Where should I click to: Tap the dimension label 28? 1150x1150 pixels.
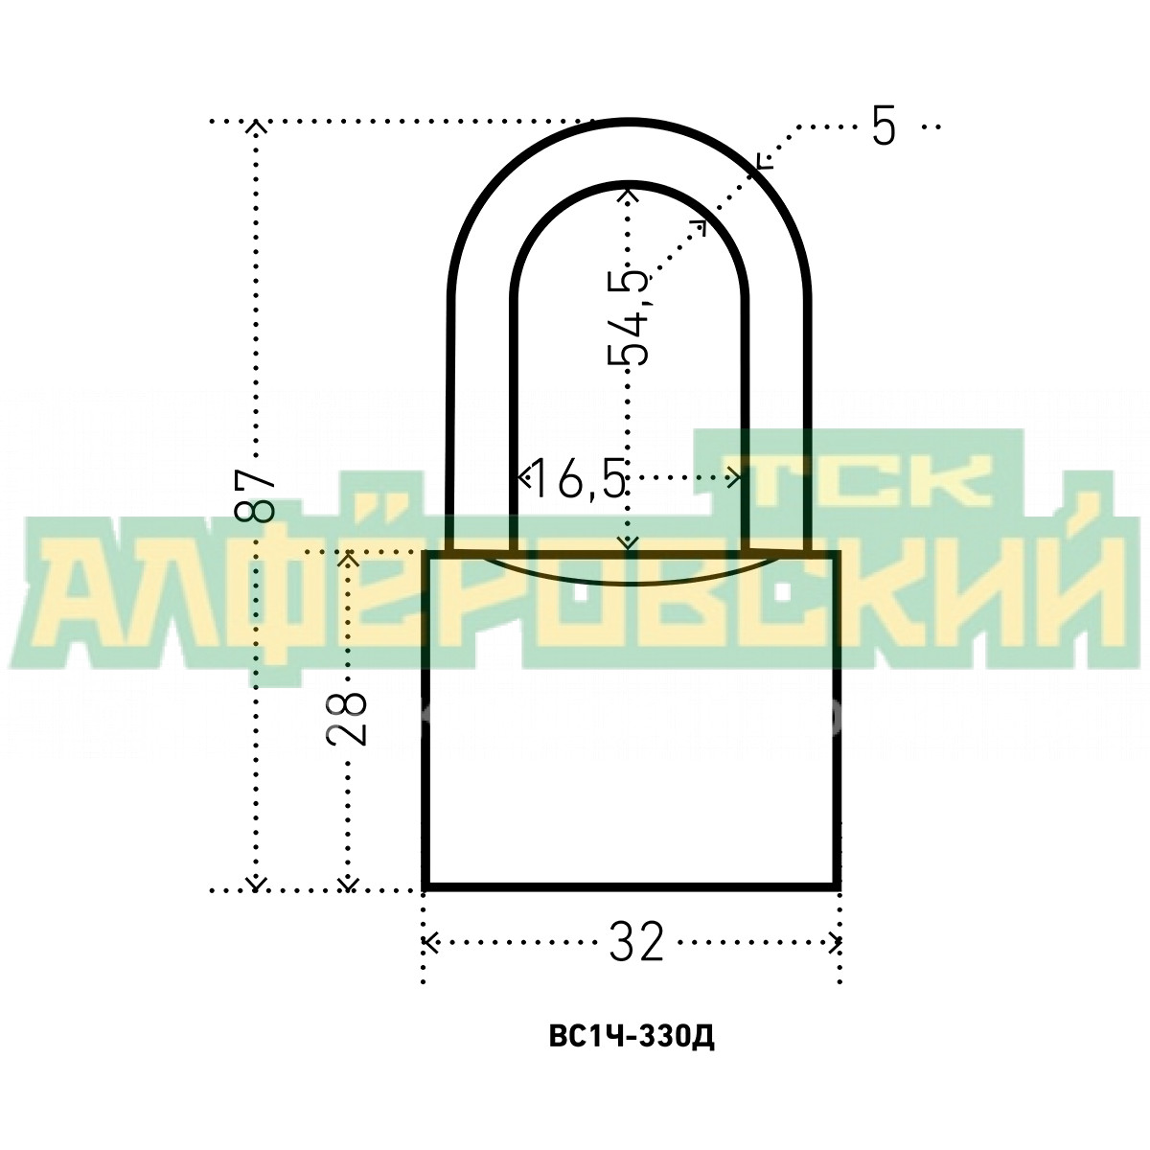point(346,718)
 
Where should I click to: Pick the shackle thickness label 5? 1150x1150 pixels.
point(884,127)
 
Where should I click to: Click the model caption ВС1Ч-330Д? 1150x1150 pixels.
point(632,1054)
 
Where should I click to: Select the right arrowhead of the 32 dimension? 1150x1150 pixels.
point(834,943)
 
